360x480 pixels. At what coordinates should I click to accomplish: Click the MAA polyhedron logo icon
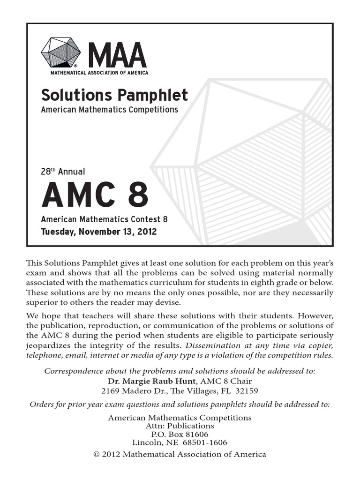coord(60,52)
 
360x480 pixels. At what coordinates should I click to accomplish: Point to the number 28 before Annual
coord(46,172)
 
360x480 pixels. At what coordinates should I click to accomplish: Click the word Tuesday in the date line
coord(57,232)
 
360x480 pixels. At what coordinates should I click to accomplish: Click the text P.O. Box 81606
coord(180,434)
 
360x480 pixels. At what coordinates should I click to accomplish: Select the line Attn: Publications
coord(180,426)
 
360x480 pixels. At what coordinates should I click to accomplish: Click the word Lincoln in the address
coord(146,442)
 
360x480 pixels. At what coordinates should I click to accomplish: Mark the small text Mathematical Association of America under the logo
coord(99,73)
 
